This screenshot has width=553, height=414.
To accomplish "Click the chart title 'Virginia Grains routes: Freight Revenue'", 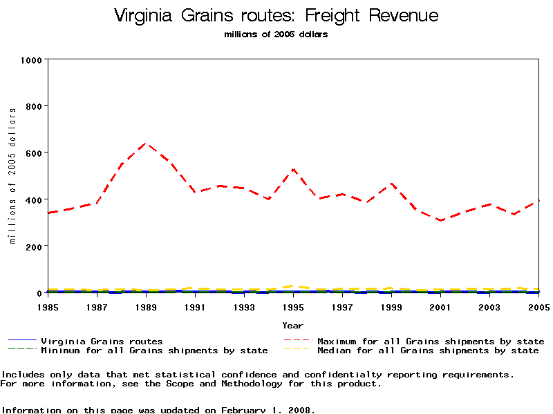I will pos(276,15).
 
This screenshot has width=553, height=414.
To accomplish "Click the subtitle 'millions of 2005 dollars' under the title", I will pos(276,34).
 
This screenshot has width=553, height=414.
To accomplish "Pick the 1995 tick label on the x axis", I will pos(294,306).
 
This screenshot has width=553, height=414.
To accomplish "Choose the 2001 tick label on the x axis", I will pos(441,306).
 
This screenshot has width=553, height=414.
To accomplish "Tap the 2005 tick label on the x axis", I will pos(538,306).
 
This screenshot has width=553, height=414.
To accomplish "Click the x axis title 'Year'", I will pos(293,325).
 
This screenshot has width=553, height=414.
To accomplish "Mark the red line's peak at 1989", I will pos(146,144).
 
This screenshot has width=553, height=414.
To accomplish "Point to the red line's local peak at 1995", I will pos(294,169).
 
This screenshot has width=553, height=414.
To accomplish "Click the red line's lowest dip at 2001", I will pos(440,220).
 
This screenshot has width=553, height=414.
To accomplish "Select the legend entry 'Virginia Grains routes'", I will pos(102,341).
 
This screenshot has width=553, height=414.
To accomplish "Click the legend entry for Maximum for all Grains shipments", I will pos(431,341).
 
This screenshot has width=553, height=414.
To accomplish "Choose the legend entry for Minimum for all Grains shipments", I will pos(154,351).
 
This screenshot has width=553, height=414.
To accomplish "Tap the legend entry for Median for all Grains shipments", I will pos(428,351).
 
